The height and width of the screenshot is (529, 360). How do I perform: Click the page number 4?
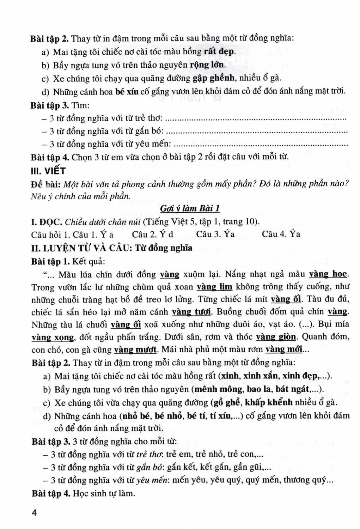coord(34,513)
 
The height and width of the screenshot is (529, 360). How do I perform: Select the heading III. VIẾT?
coord(48,171)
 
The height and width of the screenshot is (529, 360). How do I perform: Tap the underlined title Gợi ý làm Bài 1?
coord(190,208)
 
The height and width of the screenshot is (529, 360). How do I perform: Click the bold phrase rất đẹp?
coord(219,52)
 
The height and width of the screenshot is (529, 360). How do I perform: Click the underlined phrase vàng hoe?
coord(328,274)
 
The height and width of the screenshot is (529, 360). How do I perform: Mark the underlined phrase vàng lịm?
coord(214,287)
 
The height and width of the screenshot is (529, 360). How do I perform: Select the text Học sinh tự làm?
coord(104,493)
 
